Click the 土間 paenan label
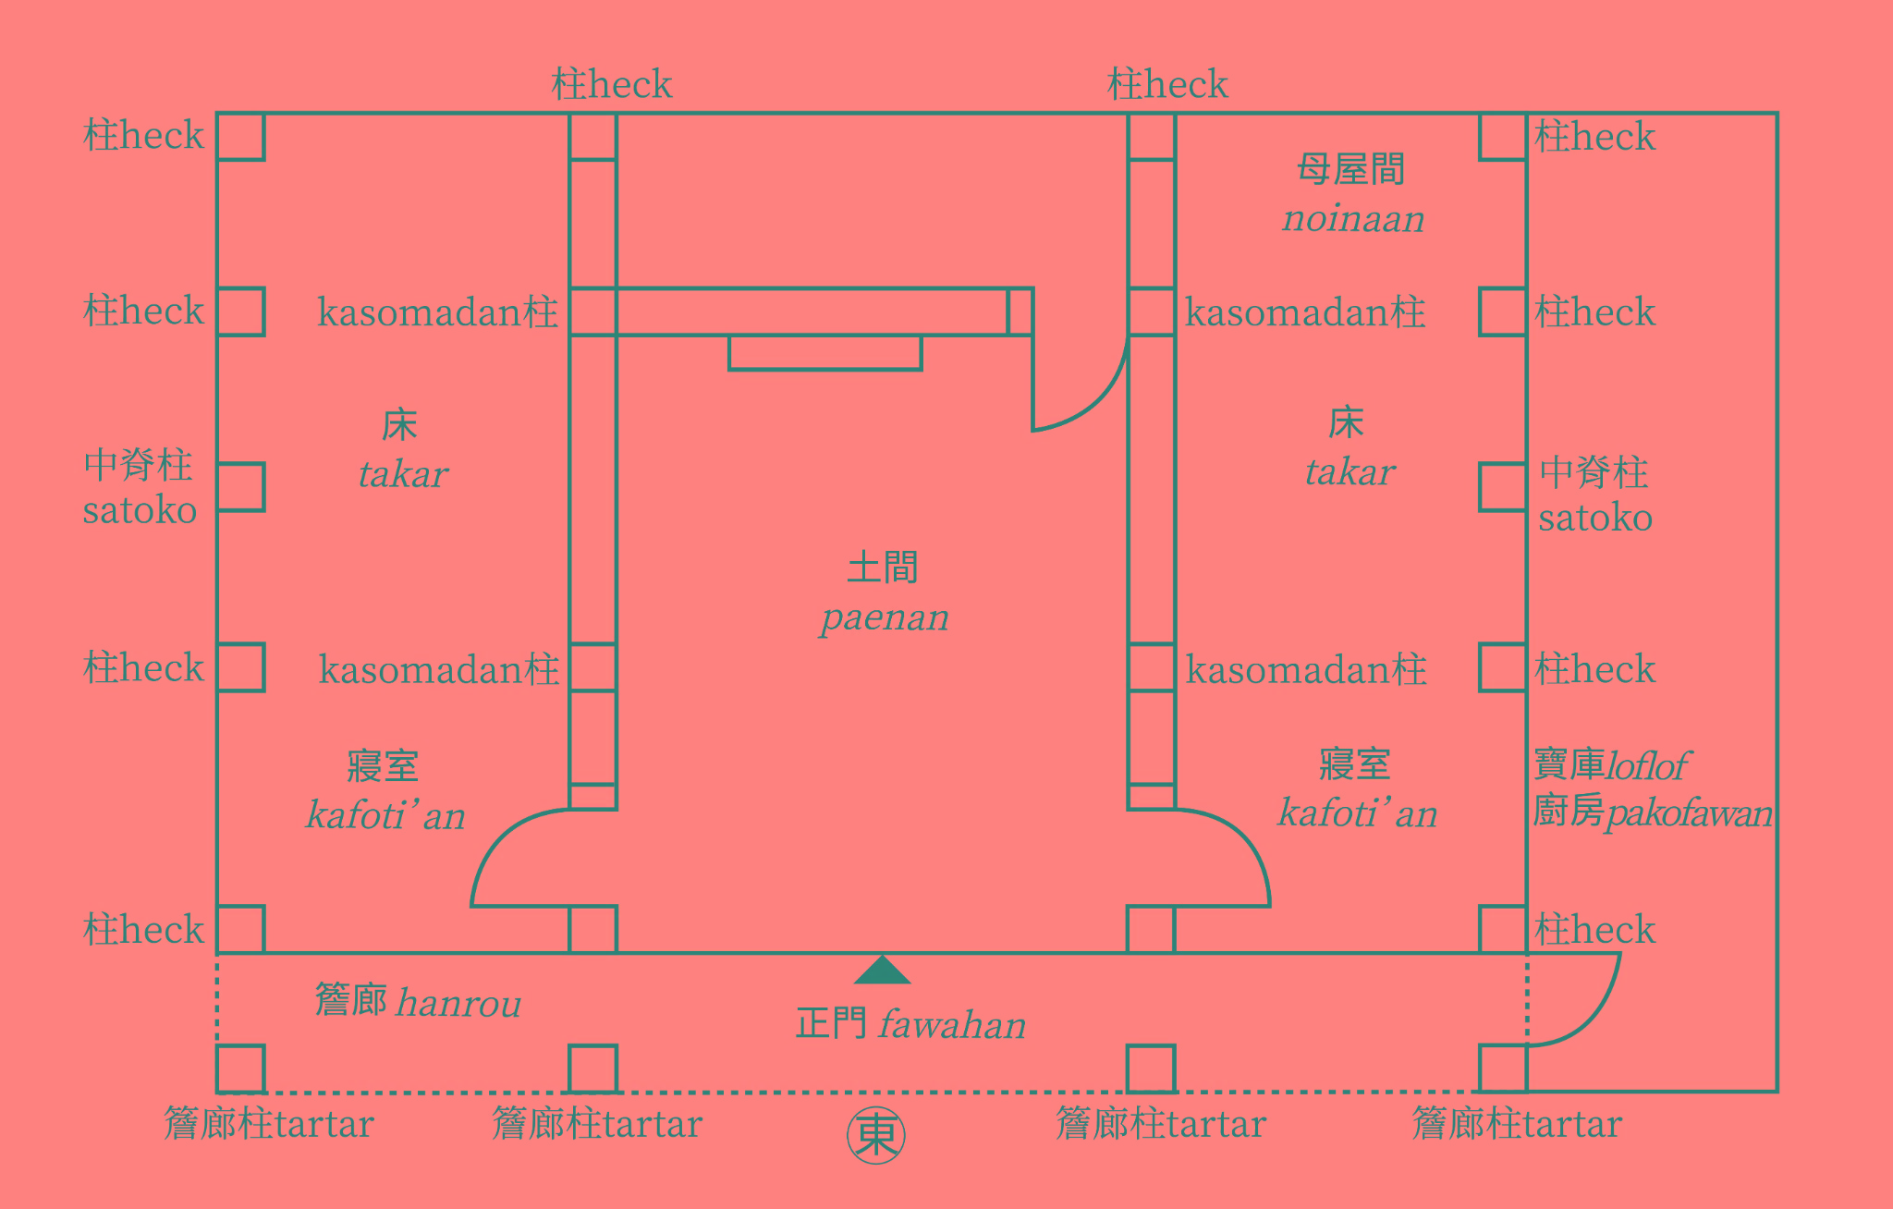coord(883,592)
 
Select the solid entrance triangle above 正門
coord(882,971)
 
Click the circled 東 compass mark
coord(875,1135)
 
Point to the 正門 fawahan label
coord(910,1024)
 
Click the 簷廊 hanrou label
coord(418,1002)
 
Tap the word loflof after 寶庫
coord(1648,766)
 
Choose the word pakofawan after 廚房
coord(1689,813)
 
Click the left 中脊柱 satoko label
coord(139,487)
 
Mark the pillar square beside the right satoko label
coord(1502,487)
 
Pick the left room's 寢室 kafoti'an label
coord(385,791)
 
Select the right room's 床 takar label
coord(1349,447)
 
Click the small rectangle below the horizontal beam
coord(824,353)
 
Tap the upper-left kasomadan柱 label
coord(437,312)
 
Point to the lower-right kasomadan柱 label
coord(1306,669)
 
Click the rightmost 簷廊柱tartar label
coord(1517,1124)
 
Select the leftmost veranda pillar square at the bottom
coord(240,1069)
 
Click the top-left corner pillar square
coord(240,137)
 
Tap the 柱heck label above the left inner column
coord(611,85)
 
